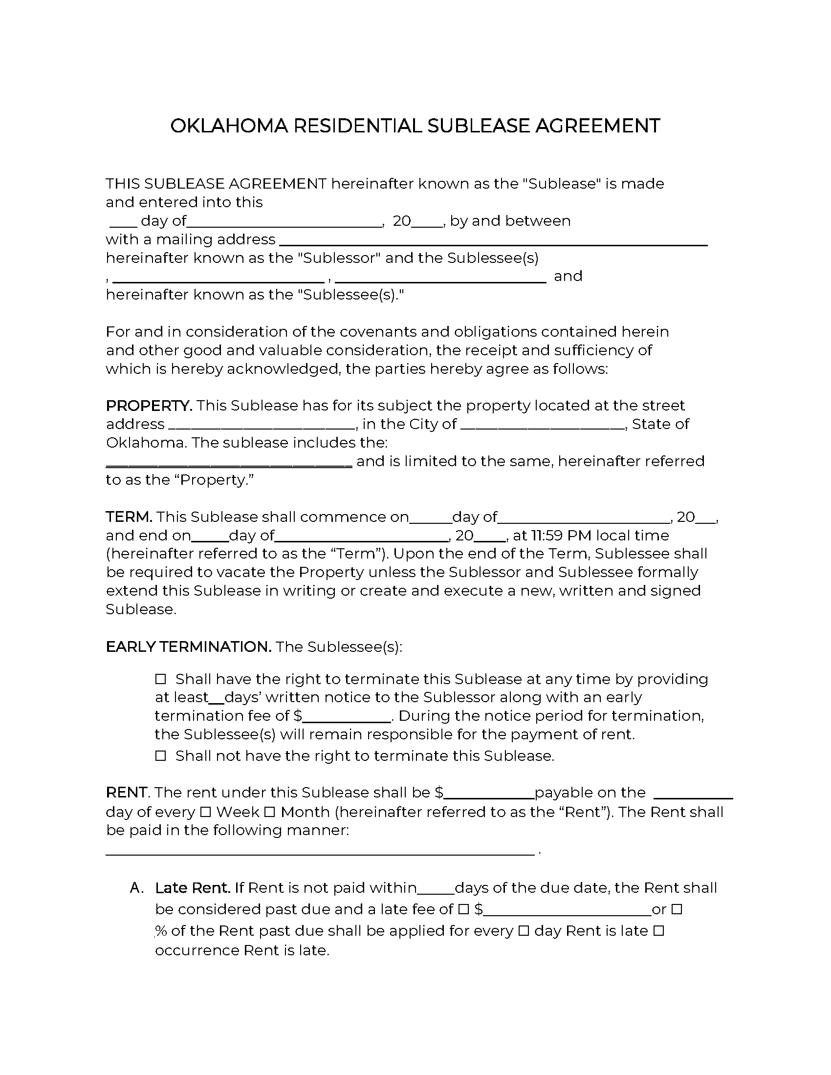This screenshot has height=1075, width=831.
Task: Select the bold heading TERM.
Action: (x=130, y=517)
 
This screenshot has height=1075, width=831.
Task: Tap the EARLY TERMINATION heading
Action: (x=189, y=647)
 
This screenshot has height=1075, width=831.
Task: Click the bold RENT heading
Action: (x=127, y=793)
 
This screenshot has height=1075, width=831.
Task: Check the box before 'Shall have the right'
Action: (x=160, y=679)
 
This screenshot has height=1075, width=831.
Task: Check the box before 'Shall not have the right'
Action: (x=160, y=755)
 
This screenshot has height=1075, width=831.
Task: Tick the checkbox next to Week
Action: (x=206, y=812)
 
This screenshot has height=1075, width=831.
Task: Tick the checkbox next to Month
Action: (x=269, y=812)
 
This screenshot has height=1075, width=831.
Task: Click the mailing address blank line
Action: (x=493, y=241)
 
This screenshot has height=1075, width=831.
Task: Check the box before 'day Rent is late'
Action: (x=524, y=931)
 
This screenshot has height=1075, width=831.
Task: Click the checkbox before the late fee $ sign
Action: (x=463, y=909)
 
